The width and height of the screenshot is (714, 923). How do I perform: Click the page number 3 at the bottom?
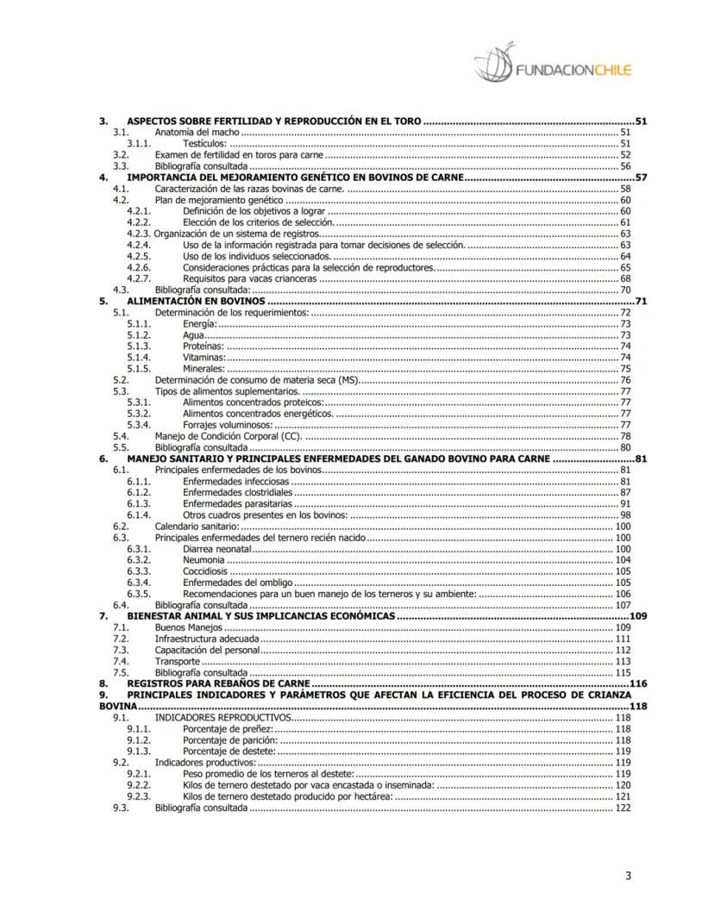click(629, 877)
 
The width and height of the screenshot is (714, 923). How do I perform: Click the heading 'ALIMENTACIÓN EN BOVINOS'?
click(196, 302)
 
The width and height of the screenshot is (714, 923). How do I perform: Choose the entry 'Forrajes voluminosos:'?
click(229, 425)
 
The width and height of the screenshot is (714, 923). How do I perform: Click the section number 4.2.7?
click(139, 278)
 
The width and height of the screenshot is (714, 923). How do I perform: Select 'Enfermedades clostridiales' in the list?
click(238, 492)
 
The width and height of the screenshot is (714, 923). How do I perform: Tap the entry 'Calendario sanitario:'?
click(196, 526)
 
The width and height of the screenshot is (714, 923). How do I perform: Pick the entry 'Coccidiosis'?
click(205, 571)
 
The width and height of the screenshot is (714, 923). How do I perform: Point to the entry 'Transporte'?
click(178, 661)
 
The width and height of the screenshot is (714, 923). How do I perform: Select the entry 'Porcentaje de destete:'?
click(229, 751)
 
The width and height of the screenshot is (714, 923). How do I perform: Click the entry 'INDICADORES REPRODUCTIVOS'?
click(223, 717)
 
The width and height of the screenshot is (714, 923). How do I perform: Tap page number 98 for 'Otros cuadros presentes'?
click(625, 515)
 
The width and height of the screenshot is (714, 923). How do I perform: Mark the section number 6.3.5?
click(139, 594)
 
